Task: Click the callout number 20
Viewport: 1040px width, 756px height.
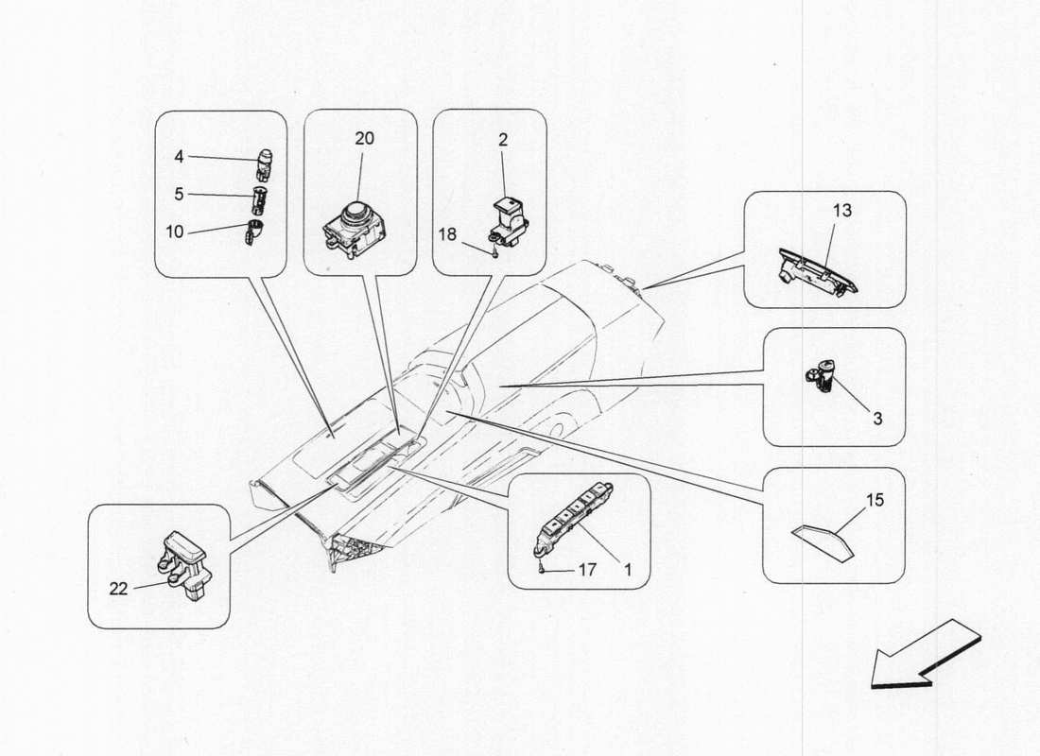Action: coord(364,138)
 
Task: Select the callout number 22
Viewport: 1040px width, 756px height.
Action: coord(119,588)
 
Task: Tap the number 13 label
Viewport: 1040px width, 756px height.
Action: coord(841,210)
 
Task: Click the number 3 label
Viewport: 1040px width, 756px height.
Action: coord(877,417)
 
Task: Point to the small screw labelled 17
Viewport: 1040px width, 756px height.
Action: coord(542,568)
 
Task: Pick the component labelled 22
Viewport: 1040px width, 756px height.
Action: coord(187,563)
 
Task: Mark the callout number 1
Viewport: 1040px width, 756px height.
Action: coord(626,570)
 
